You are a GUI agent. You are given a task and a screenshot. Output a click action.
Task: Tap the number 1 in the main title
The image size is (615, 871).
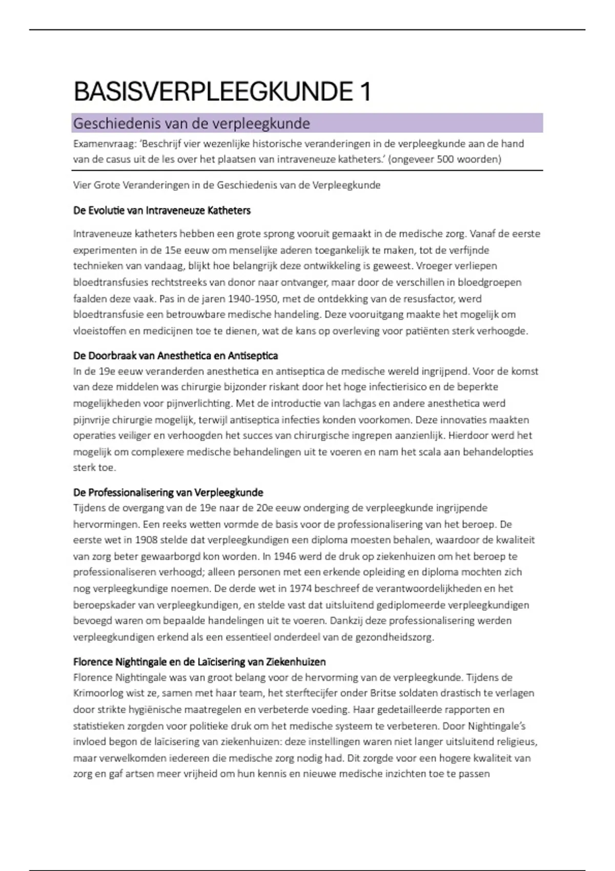(365, 92)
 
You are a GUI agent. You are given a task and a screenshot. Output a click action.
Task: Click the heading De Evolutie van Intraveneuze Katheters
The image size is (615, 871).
(162, 211)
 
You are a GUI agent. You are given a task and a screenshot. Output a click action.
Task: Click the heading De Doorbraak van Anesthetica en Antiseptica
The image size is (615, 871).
(176, 356)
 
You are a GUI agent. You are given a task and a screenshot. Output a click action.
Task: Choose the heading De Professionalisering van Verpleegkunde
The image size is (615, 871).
(168, 492)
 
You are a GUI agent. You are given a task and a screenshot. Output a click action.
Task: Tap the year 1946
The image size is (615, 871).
(285, 556)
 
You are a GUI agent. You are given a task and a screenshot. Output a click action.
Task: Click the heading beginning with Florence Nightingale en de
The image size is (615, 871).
(199, 661)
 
